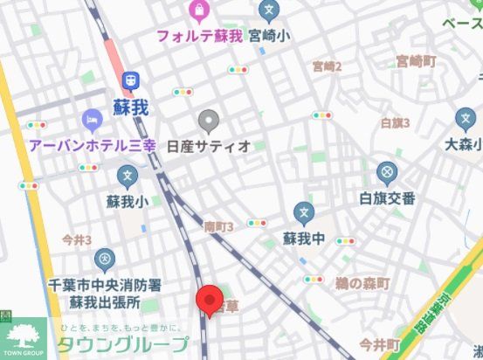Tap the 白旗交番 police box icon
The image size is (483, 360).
pos(387,172)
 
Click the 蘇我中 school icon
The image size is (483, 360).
pos(303,211)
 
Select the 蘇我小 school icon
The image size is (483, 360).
pos(127,177)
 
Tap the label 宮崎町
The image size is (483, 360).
pos(415,61)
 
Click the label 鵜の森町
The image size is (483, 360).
pos(362,284)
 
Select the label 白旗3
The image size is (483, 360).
pos(395,122)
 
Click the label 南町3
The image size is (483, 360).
pos(218,226)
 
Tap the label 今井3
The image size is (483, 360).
pos(77,239)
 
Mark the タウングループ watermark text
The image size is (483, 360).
pos(122,343)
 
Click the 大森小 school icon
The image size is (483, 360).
pos(463,121)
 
